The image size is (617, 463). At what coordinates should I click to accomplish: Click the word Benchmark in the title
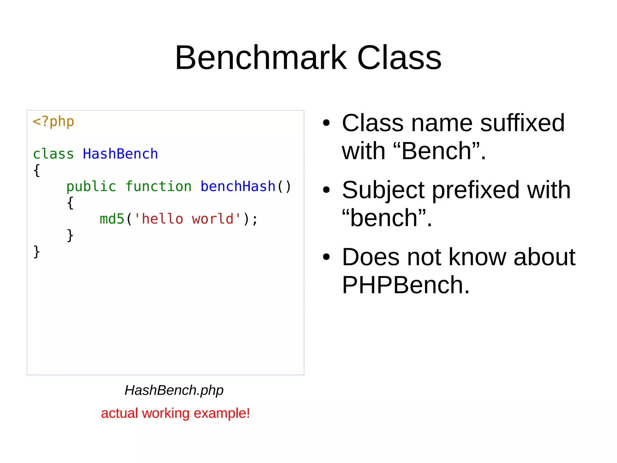point(261,57)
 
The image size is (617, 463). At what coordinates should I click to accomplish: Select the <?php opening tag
point(53,122)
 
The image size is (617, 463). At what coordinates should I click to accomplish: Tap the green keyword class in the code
point(53,154)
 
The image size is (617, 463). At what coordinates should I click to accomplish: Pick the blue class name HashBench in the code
point(120,154)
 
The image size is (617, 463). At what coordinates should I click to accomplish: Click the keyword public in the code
point(91,186)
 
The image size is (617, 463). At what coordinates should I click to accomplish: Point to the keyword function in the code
point(158,186)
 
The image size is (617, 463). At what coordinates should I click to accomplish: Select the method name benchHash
point(238,186)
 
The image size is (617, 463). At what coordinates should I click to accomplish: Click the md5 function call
point(112,219)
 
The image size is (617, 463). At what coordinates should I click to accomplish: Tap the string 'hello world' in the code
point(187,219)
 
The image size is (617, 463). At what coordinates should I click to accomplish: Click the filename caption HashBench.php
point(174,390)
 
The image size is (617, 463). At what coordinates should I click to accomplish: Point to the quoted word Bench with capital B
point(437,151)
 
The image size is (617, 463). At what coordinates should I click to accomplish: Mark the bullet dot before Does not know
point(326,257)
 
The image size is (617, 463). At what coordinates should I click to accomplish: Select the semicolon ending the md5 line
point(255,220)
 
